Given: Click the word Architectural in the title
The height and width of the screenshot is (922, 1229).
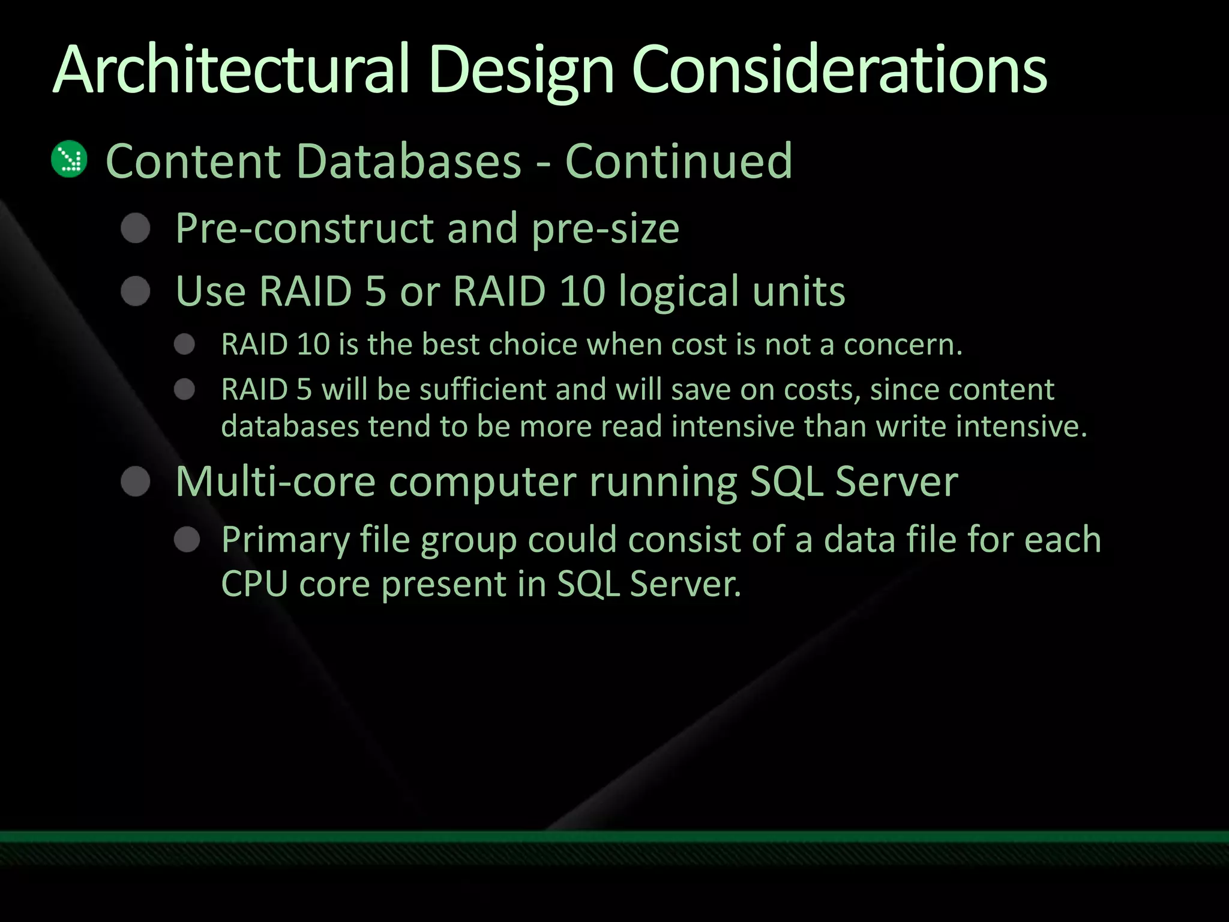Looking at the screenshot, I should click(x=231, y=70).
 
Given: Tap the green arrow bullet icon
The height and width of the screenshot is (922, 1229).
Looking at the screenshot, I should click(x=70, y=159).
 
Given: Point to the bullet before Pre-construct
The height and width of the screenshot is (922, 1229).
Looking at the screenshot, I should click(x=136, y=229).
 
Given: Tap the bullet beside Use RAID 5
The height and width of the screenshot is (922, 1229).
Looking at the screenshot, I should click(x=136, y=292).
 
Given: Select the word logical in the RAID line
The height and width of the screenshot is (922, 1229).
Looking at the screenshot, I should click(x=678, y=292).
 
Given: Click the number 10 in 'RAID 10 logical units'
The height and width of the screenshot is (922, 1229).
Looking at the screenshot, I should click(x=583, y=292).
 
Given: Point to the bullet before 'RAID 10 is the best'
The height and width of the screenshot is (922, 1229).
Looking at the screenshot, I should click(x=185, y=345).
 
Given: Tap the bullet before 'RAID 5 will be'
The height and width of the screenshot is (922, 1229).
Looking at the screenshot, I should click(x=185, y=390).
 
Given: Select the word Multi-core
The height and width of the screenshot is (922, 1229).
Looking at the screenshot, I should click(x=275, y=482).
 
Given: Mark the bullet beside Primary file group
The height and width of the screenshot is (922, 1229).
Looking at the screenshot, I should click(x=187, y=540).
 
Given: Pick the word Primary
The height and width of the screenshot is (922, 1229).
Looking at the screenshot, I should click(x=285, y=540).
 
